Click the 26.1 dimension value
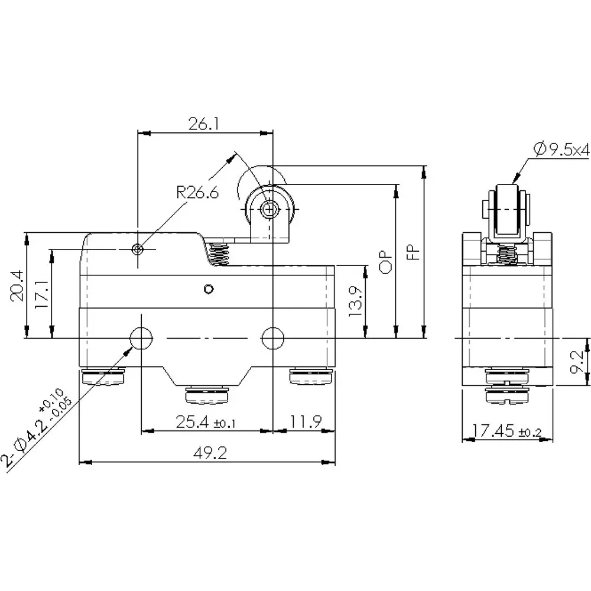(x=204, y=124)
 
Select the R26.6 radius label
(x=197, y=192)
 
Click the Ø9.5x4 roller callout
(x=561, y=151)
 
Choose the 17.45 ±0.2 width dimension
(x=507, y=431)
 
